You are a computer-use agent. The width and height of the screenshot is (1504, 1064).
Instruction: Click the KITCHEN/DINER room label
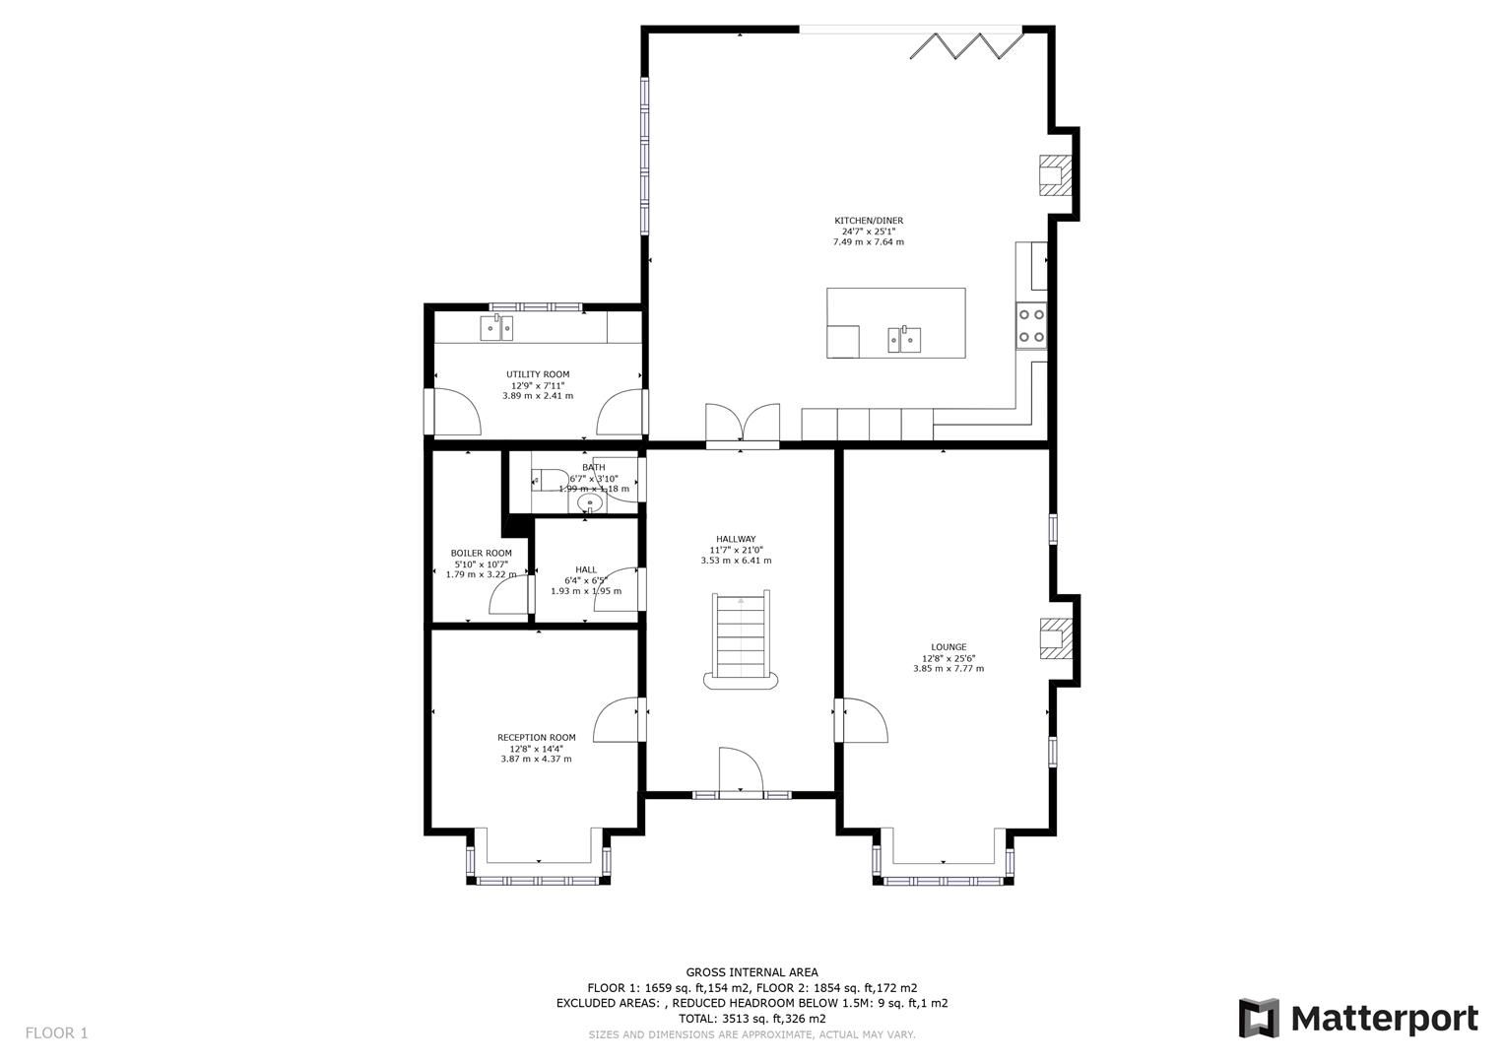pyautogui.click(x=868, y=221)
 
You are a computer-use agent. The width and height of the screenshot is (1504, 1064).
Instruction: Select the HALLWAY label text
pyautogui.click(x=735, y=539)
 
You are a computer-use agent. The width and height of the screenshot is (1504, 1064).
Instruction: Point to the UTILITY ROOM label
pyautogui.click(x=538, y=374)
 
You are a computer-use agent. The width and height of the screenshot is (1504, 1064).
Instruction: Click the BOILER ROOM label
pyautogui.click(x=481, y=553)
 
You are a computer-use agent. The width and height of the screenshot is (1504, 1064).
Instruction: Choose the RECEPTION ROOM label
pyautogui.click(x=536, y=737)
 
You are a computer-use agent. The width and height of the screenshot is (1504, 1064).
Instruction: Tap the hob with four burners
pyautogui.click(x=1031, y=326)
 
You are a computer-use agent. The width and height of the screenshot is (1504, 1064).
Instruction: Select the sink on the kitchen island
pyautogui.click(x=904, y=340)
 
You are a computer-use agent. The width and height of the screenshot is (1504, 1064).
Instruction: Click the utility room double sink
pyautogui.click(x=497, y=327)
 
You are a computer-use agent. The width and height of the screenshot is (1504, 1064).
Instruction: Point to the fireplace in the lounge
pyautogui.click(x=1054, y=637)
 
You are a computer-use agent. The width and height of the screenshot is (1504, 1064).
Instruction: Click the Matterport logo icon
pyautogui.click(x=1259, y=1018)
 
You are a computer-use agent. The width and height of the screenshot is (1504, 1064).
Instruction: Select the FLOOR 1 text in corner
pyautogui.click(x=56, y=1032)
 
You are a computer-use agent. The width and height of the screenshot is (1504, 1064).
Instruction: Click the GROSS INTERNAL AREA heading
pyautogui.click(x=752, y=972)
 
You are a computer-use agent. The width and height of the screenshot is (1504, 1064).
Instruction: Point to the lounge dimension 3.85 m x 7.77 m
pyautogui.click(x=948, y=669)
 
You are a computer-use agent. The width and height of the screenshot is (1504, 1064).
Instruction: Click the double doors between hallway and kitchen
pyautogui.click(x=743, y=424)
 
